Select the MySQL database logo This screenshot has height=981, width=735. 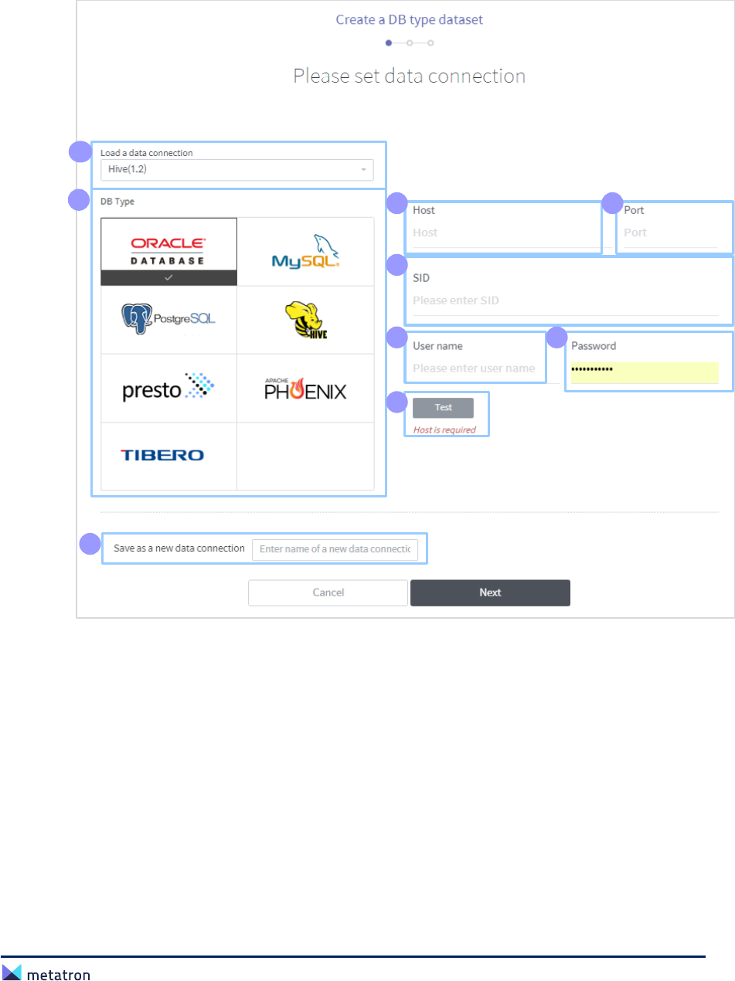(305, 251)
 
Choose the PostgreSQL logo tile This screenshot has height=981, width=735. (168, 318)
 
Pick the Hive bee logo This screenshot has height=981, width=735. (305, 320)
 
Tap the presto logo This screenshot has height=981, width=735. (168, 387)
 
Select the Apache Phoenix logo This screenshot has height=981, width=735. (305, 388)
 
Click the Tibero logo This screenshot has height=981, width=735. (162, 455)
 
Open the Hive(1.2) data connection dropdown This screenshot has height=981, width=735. (236, 169)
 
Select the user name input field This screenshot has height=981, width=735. (474, 368)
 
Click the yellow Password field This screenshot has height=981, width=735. (644, 370)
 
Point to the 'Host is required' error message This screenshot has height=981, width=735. (444, 429)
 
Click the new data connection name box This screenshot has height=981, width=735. (335, 550)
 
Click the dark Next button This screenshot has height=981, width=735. (490, 592)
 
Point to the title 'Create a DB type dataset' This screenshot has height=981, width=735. (409, 19)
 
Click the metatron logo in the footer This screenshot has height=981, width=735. (46, 975)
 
